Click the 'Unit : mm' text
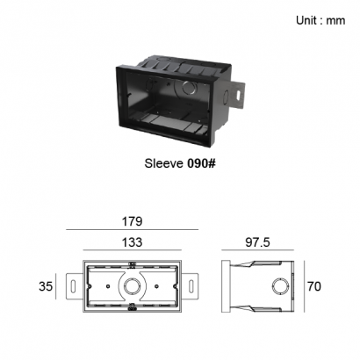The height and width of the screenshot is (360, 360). [x=320, y=20]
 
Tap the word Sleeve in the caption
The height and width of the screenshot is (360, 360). [x=163, y=163]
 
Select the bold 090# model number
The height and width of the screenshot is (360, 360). [x=201, y=163]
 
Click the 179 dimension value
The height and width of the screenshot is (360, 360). [x=132, y=221]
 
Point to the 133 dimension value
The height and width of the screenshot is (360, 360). [x=132, y=242]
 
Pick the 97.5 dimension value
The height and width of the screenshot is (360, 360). [x=257, y=242]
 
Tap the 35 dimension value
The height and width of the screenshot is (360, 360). [x=46, y=286]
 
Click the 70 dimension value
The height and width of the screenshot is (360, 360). [x=314, y=286]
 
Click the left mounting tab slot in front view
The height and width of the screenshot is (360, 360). [x=73, y=286]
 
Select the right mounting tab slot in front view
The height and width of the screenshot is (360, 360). [x=191, y=286]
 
